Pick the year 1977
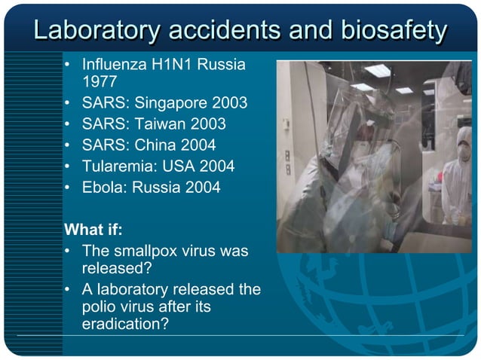[x=100, y=81]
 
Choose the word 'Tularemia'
[x=116, y=166]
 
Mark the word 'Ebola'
[x=102, y=187]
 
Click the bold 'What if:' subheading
[x=93, y=228]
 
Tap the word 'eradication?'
[x=124, y=324]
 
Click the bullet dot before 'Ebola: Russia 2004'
[x=69, y=187]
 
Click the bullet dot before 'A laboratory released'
[x=69, y=290]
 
